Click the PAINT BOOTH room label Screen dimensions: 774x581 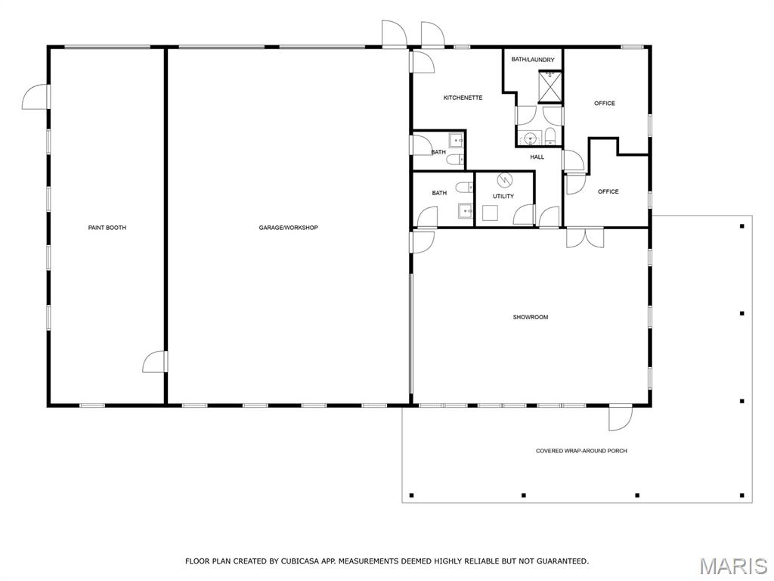point(107,228)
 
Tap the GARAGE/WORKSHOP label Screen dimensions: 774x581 point(288,228)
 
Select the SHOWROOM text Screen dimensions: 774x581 point(531,317)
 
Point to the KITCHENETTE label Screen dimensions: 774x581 point(463,98)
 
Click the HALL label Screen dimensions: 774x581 point(537,157)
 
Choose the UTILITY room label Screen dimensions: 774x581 point(503,196)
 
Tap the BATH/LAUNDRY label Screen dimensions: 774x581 point(533,60)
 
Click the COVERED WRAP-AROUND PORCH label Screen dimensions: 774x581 point(581,451)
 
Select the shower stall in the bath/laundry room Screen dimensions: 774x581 point(550,86)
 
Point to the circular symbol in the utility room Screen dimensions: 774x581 point(504,180)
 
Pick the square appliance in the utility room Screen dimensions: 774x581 point(490,213)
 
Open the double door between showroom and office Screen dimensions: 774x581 point(585,238)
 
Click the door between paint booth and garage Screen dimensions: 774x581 point(154,362)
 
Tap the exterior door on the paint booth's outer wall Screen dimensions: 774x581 point(36,97)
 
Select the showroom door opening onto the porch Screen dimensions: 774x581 point(620,418)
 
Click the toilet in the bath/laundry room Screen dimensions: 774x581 point(550,136)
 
